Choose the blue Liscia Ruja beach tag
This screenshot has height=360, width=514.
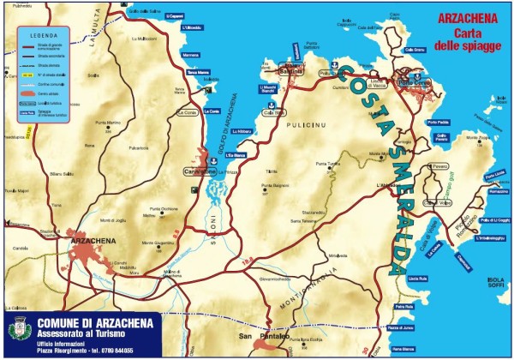pyautogui.click(x=418, y=279)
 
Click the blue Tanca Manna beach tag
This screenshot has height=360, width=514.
pyautogui.click(x=198, y=72)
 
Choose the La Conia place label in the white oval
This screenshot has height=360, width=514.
pyautogui.click(x=187, y=112)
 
